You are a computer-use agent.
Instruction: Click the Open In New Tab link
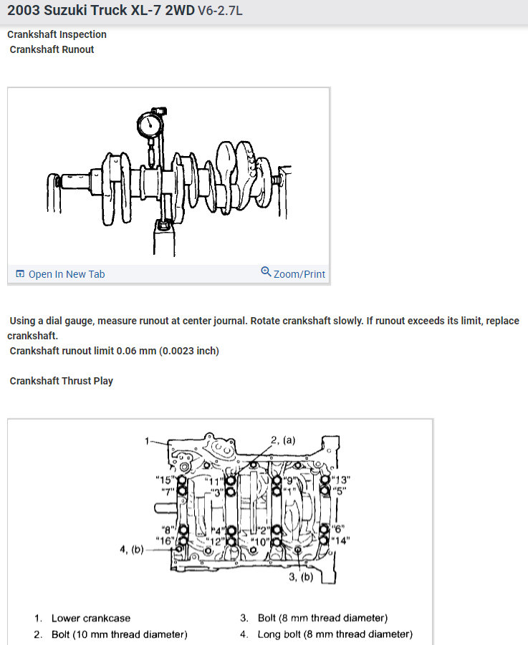tap(66, 274)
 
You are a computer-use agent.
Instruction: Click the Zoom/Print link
tap(299, 274)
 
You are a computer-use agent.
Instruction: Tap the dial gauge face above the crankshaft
tap(150, 125)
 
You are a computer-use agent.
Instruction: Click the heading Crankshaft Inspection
tap(57, 34)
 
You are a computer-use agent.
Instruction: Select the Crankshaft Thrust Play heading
tap(61, 381)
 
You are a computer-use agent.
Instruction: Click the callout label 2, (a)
tap(282, 440)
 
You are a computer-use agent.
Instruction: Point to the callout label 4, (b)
tap(132, 550)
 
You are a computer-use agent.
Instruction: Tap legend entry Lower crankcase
tap(90, 618)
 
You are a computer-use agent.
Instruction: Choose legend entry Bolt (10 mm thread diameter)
tap(119, 634)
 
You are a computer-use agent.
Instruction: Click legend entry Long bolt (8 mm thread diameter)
tap(335, 634)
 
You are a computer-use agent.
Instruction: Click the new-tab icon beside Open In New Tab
tap(20, 274)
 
